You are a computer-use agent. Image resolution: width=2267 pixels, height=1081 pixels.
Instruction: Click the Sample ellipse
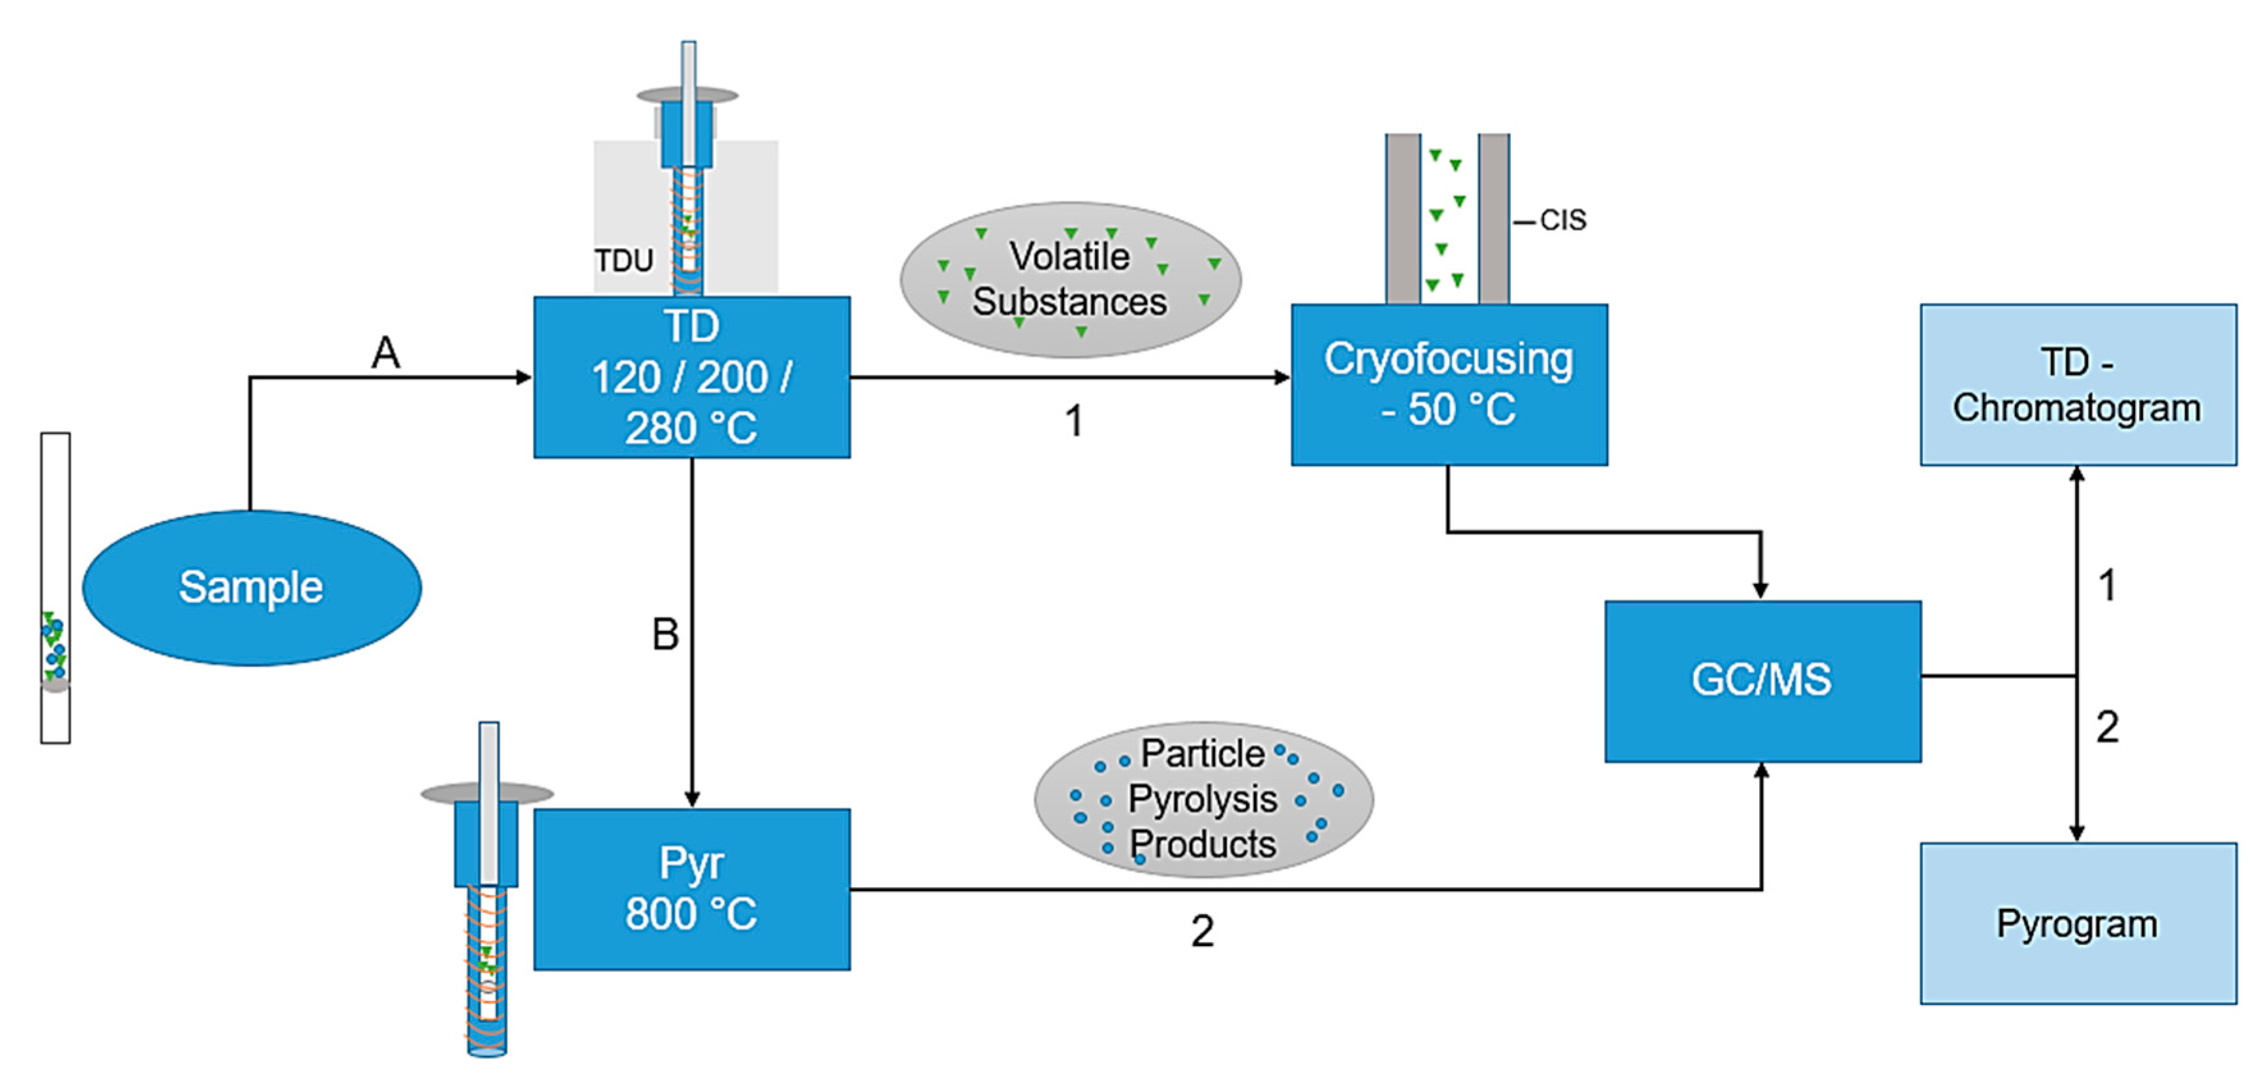pyautogui.click(x=251, y=587)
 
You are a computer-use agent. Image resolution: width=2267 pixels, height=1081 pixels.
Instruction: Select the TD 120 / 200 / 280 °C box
pyautogui.click(x=691, y=377)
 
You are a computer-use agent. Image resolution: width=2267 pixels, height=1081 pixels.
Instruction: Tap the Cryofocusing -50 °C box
pyautogui.click(x=1449, y=384)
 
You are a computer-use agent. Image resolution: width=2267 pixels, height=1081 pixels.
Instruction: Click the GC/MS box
pyautogui.click(x=1762, y=681)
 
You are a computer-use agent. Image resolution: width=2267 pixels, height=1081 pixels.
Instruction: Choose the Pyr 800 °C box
pyautogui.click(x=691, y=889)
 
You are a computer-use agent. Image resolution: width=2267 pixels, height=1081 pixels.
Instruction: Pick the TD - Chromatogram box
pyautogui.click(x=2077, y=384)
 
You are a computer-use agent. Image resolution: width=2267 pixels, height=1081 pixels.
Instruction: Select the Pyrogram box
pyautogui.click(x=2077, y=924)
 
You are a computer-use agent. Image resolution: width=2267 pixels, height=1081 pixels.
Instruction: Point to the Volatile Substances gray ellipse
pyautogui.click(x=1070, y=280)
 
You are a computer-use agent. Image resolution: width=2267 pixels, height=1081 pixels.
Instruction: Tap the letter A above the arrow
pyautogui.click(x=386, y=354)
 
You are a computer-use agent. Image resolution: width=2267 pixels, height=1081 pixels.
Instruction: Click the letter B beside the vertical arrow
pyautogui.click(x=665, y=634)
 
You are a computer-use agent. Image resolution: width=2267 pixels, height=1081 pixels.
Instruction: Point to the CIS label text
pyautogui.click(x=1563, y=220)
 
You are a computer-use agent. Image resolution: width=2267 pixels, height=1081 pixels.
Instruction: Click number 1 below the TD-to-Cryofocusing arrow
pyautogui.click(x=1073, y=421)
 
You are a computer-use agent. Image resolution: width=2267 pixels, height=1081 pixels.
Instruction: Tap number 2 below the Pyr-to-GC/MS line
pyautogui.click(x=1202, y=931)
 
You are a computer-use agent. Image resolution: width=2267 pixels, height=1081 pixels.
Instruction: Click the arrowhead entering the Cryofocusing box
pyautogui.click(x=1283, y=377)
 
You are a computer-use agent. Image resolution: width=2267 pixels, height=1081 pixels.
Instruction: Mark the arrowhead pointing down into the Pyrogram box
pyautogui.click(x=2077, y=832)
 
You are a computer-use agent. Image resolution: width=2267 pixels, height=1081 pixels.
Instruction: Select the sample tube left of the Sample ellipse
pyautogui.click(x=56, y=587)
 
